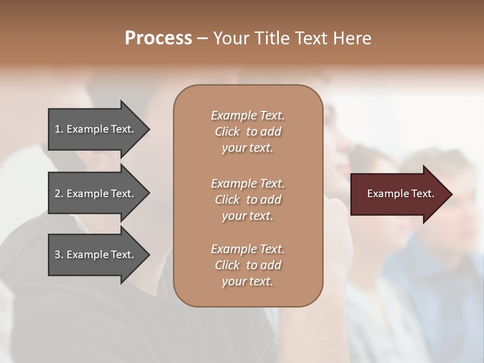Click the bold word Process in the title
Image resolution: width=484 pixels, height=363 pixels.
point(158,38)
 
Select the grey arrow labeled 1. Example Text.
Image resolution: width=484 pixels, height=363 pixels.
point(96,129)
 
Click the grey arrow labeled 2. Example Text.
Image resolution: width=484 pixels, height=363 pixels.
point(96,194)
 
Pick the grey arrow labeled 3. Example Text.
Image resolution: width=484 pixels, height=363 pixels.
point(96,255)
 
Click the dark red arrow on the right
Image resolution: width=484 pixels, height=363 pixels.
point(398,194)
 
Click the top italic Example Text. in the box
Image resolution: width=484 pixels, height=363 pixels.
point(248,115)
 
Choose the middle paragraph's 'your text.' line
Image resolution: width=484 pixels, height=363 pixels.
point(248,216)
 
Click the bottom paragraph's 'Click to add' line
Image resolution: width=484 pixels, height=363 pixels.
point(248,265)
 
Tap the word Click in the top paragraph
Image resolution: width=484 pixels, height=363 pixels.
point(227,132)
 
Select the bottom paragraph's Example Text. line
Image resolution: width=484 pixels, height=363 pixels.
point(248,249)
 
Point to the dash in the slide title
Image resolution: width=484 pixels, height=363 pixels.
point(202,39)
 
